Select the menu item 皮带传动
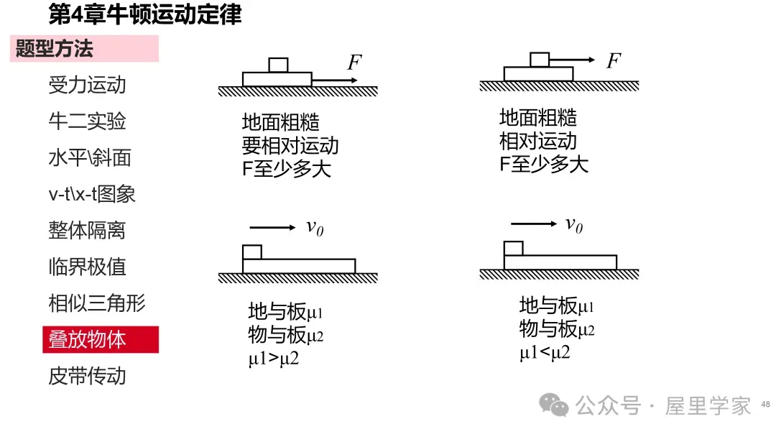(87, 376)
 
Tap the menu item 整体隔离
(87, 231)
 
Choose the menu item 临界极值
(87, 267)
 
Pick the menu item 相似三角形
(97, 303)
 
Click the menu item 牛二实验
(87, 121)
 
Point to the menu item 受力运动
(87, 85)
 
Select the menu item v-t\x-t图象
(92, 194)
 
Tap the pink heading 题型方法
(55, 48)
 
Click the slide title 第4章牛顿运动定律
(145, 14)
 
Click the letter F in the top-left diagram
(354, 63)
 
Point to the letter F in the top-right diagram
(614, 60)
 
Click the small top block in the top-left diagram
(278, 65)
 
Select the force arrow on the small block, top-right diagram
(572, 60)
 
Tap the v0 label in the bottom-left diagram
(315, 228)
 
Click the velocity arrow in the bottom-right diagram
(533, 224)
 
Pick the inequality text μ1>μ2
(274, 359)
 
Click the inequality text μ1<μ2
(545, 352)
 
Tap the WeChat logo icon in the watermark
(554, 405)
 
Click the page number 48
(765, 405)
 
